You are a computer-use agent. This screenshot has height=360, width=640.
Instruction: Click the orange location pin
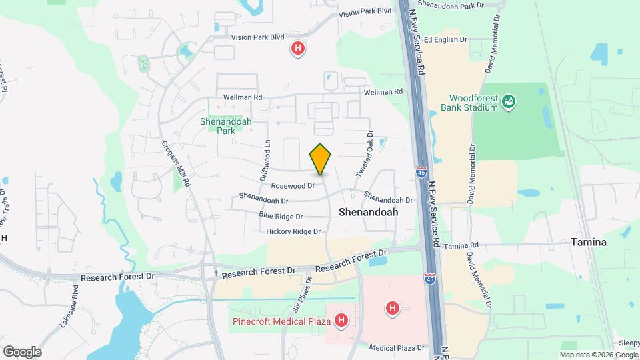click(x=321, y=159)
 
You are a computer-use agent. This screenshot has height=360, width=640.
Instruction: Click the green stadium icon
click(x=510, y=101)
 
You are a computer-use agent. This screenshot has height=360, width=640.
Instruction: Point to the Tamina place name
click(x=589, y=243)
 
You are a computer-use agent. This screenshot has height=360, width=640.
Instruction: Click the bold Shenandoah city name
click(x=368, y=212)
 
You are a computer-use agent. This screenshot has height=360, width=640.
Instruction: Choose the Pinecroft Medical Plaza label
click(x=282, y=321)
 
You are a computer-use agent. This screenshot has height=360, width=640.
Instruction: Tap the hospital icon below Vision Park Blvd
click(x=299, y=48)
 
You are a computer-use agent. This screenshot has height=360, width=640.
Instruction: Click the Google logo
click(x=21, y=351)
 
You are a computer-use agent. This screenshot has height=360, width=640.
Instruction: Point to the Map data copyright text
click(x=598, y=354)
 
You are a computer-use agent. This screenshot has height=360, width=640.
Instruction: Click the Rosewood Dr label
click(x=292, y=185)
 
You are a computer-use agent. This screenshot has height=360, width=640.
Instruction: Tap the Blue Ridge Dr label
click(x=281, y=216)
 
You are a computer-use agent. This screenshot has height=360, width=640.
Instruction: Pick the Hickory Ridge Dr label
click(x=293, y=231)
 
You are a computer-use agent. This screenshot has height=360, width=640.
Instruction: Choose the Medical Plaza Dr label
click(x=397, y=348)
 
